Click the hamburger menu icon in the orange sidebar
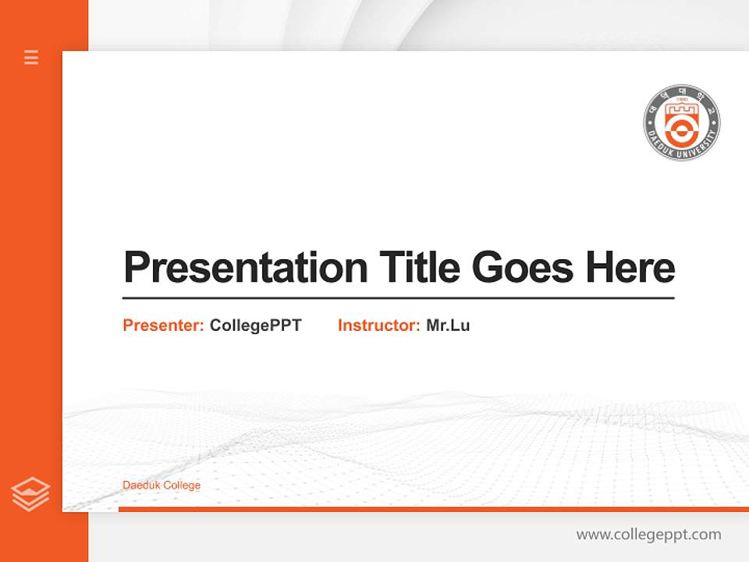pyautogui.click(x=31, y=57)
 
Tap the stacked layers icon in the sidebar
pyautogui.click(x=30, y=494)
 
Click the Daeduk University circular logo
pyautogui.click(x=681, y=123)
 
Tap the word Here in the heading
pyautogui.click(x=630, y=268)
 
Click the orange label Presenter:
pyautogui.click(x=163, y=325)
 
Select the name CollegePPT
pyautogui.click(x=256, y=325)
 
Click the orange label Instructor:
pyautogui.click(x=379, y=325)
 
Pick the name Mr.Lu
pyautogui.click(x=448, y=325)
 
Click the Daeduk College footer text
pyautogui.click(x=162, y=486)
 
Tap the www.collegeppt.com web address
pyautogui.click(x=648, y=535)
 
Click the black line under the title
pyautogui.click(x=398, y=298)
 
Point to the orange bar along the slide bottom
pyautogui.click(x=433, y=509)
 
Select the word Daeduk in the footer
pyautogui.click(x=137, y=486)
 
